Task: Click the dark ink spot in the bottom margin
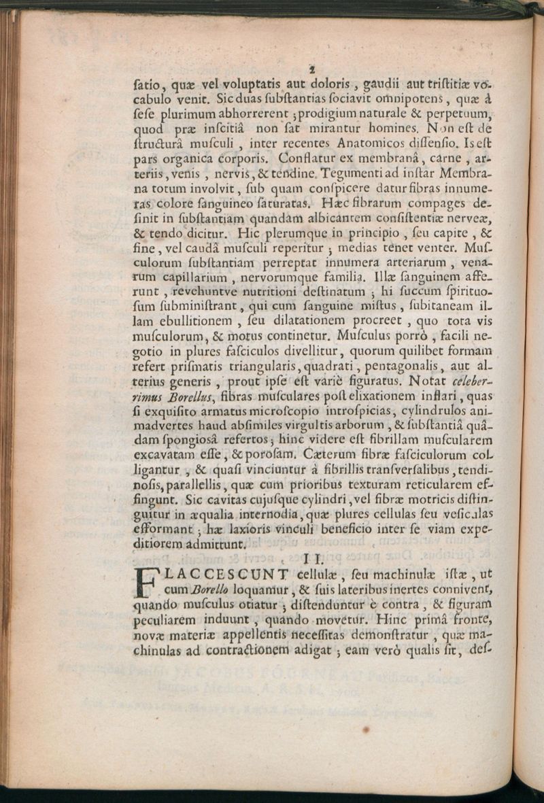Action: tap(366, 730)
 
